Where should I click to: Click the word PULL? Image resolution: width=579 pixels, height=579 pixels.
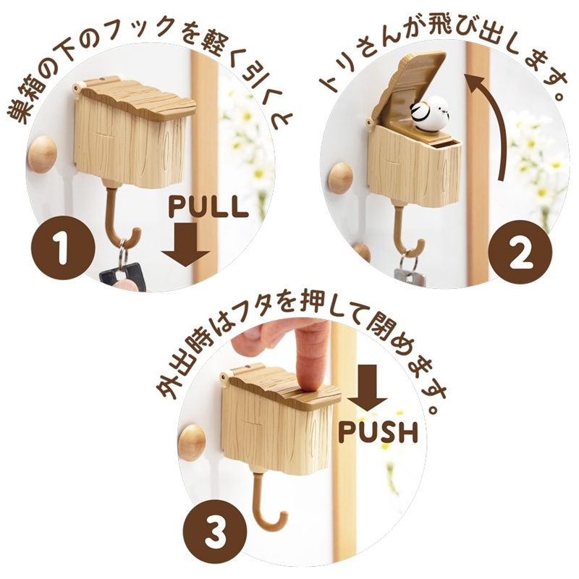[208, 207]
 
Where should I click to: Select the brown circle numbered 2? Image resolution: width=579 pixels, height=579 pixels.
[520, 253]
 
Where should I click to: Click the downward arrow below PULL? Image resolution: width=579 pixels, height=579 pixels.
[186, 245]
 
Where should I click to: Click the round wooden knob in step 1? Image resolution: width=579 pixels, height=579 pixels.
[43, 154]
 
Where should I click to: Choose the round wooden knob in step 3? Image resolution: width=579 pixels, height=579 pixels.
[192, 442]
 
